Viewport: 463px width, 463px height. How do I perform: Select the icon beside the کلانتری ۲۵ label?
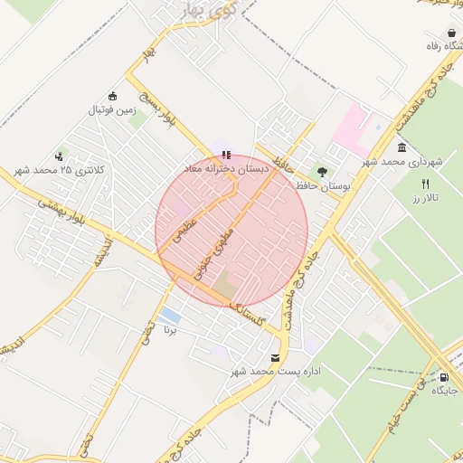[61, 156]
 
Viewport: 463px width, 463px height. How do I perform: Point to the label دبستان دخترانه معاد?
[226, 169]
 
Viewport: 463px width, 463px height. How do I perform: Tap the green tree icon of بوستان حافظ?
[322, 170]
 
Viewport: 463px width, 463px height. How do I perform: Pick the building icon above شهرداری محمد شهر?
[402, 147]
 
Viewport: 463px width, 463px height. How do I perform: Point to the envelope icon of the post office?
[275, 357]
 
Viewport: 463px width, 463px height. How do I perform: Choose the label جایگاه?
[445, 390]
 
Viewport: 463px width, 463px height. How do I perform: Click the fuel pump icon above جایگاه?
[444, 376]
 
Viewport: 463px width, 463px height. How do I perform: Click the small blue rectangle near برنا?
[169, 314]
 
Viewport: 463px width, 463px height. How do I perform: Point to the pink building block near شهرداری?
[353, 127]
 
